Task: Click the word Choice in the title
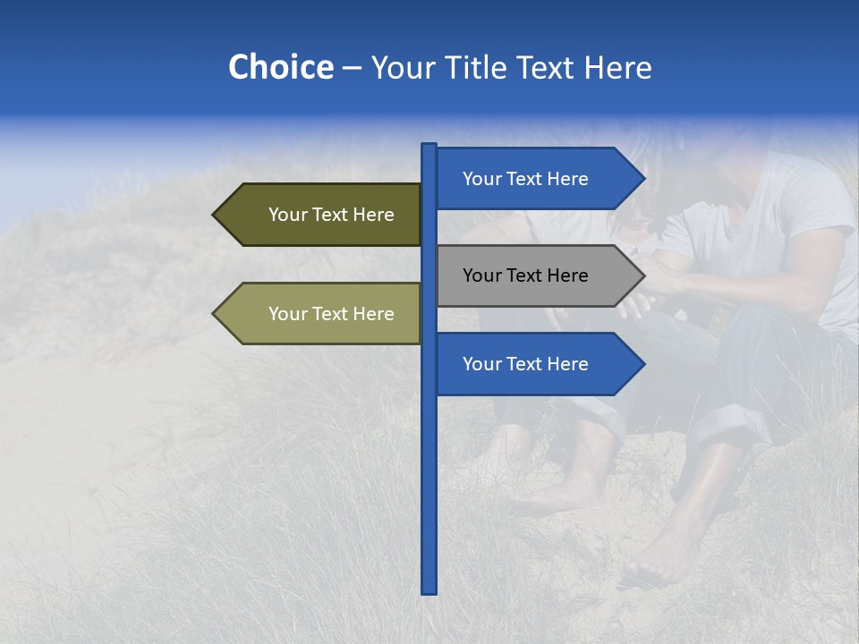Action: click(280, 68)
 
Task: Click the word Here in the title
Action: click(617, 68)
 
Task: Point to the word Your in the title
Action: click(399, 68)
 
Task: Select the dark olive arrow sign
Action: click(322, 215)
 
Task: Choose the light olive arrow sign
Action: click(322, 314)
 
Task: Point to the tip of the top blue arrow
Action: click(642, 179)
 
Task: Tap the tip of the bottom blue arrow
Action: click(642, 364)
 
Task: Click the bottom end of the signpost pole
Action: click(429, 590)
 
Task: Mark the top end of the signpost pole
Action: click(429, 146)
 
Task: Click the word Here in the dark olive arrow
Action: click(373, 215)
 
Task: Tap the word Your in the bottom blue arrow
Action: click(481, 364)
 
